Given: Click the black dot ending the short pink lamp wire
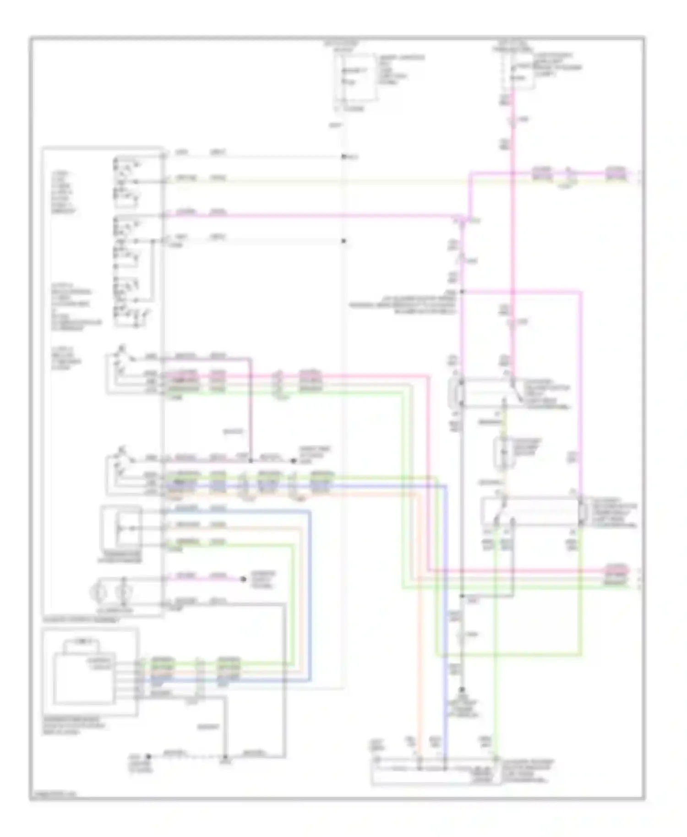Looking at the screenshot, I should (243, 579).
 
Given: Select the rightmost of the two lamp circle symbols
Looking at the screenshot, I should (123, 593).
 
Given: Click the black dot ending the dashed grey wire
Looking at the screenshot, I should (148, 757).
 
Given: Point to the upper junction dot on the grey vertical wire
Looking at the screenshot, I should (343, 157).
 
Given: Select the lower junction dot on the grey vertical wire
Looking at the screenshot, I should (343, 241).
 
